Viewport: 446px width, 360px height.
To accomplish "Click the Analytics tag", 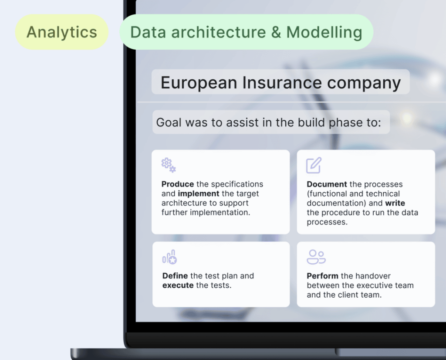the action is point(62,32).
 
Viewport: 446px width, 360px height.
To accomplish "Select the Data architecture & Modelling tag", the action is point(247,32).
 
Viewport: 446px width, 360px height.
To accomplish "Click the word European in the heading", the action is point(199,83).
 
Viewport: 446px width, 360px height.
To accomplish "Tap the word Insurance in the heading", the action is point(282,82).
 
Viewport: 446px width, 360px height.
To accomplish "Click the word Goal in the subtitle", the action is point(169,122).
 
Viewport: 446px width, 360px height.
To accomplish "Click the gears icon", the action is point(169,165).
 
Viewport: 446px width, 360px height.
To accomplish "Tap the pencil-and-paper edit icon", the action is point(314,165).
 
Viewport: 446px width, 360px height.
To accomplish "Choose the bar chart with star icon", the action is point(169,257).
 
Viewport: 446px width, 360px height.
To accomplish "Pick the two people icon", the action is point(316,257).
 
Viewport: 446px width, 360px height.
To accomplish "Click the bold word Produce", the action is point(178,184).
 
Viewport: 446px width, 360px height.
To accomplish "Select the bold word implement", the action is point(199,194).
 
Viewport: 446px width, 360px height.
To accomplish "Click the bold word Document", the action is point(327,184).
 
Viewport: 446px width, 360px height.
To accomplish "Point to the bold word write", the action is point(395,203).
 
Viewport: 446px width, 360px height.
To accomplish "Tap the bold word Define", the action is point(175,276).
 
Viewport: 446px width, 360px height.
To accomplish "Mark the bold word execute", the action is point(178,285).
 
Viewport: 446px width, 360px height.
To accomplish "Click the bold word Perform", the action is point(323,276).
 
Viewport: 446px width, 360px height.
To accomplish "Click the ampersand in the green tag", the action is point(276,32).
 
